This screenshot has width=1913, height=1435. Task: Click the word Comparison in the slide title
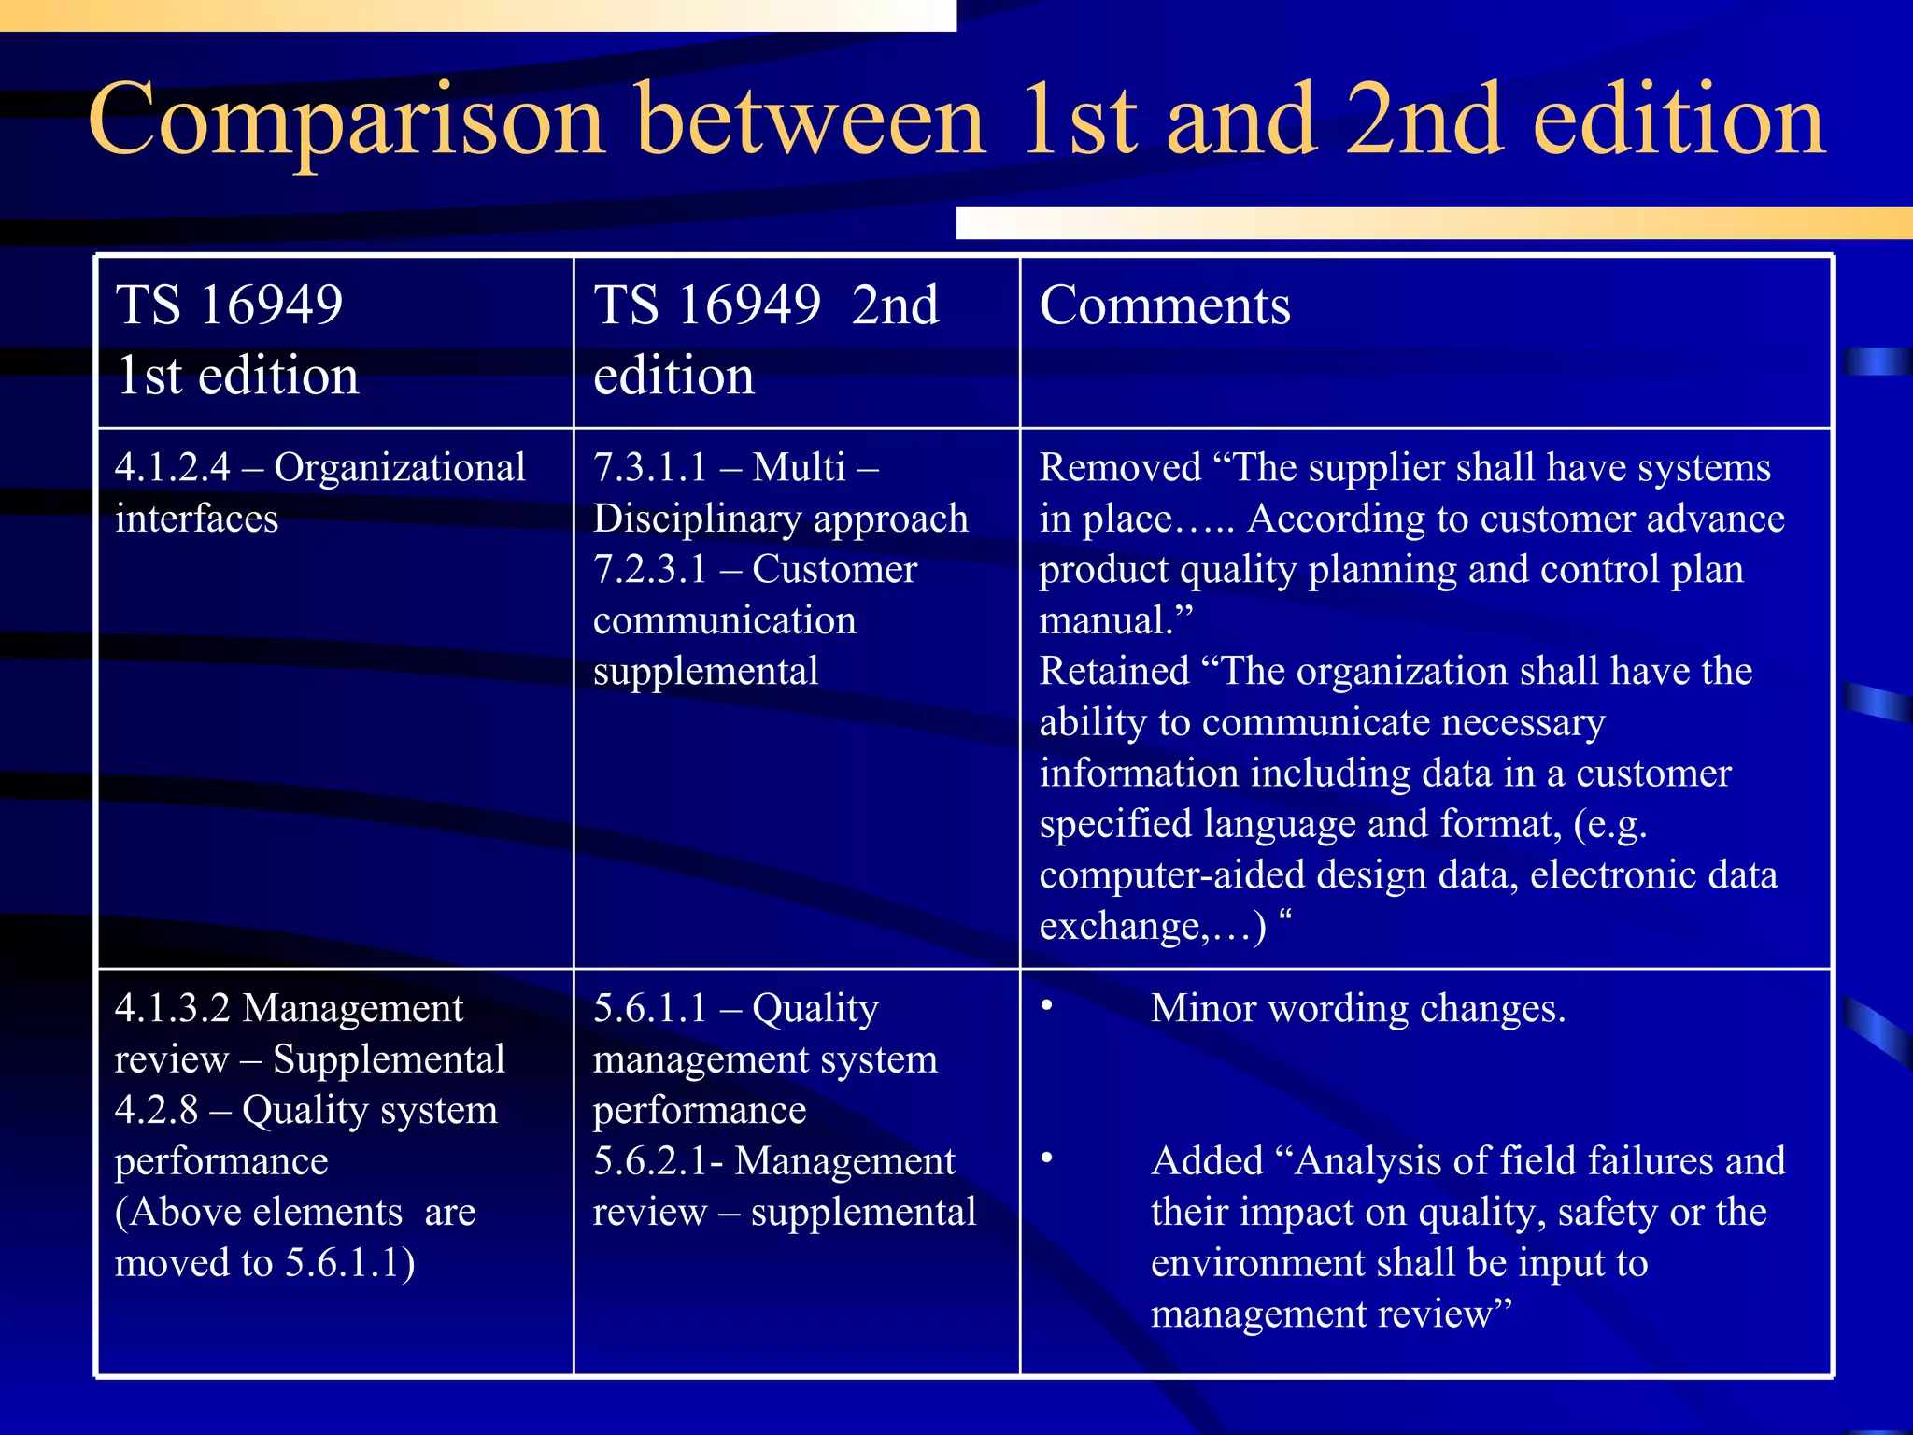pyautogui.click(x=347, y=121)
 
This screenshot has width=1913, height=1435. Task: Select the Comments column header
pyautogui.click(x=1165, y=305)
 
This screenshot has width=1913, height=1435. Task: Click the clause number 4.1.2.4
pyautogui.click(x=173, y=467)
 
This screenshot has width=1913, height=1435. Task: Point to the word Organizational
pyautogui.click(x=400, y=467)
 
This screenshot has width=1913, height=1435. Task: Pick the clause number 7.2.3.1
pyautogui.click(x=651, y=569)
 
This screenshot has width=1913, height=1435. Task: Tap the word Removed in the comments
pyautogui.click(x=1120, y=467)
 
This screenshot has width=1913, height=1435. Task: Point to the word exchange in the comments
pyautogui.click(x=1120, y=927)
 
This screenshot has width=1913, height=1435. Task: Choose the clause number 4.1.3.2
pyautogui.click(x=173, y=1008)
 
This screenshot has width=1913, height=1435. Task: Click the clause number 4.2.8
pyautogui.click(x=156, y=1110)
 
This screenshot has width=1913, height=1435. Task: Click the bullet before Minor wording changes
pyautogui.click(x=1047, y=1006)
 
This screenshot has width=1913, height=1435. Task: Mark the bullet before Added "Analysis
pyautogui.click(x=1047, y=1158)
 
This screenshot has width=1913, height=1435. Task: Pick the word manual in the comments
pyautogui.click(x=1106, y=620)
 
